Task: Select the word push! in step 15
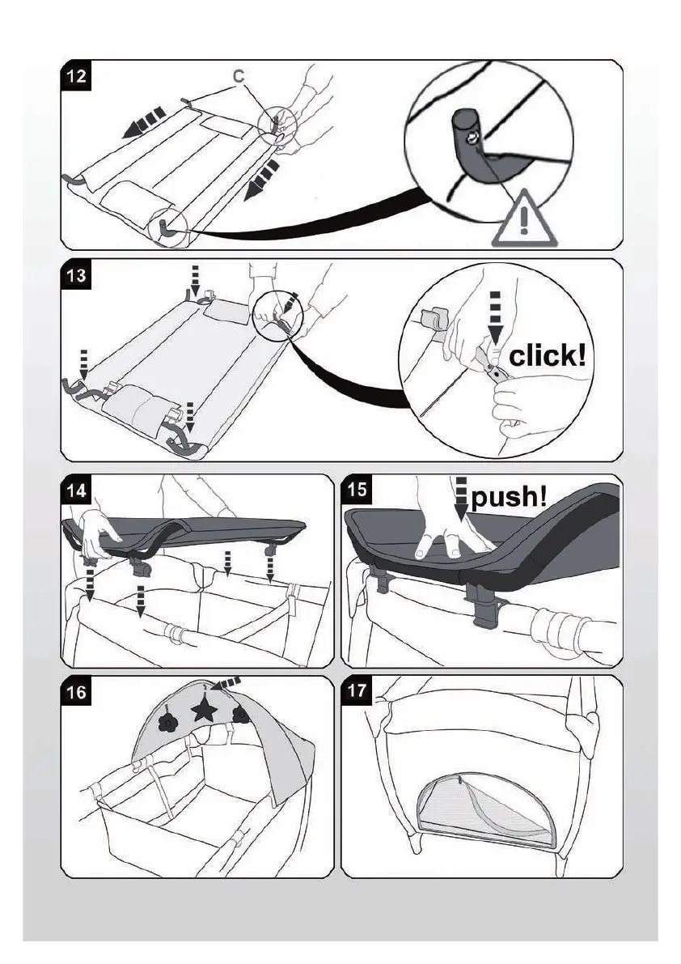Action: pyautogui.click(x=509, y=496)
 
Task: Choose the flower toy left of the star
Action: pyautogui.click(x=168, y=716)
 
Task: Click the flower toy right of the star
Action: pyautogui.click(x=239, y=713)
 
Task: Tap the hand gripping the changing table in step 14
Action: pyautogui.click(x=97, y=530)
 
